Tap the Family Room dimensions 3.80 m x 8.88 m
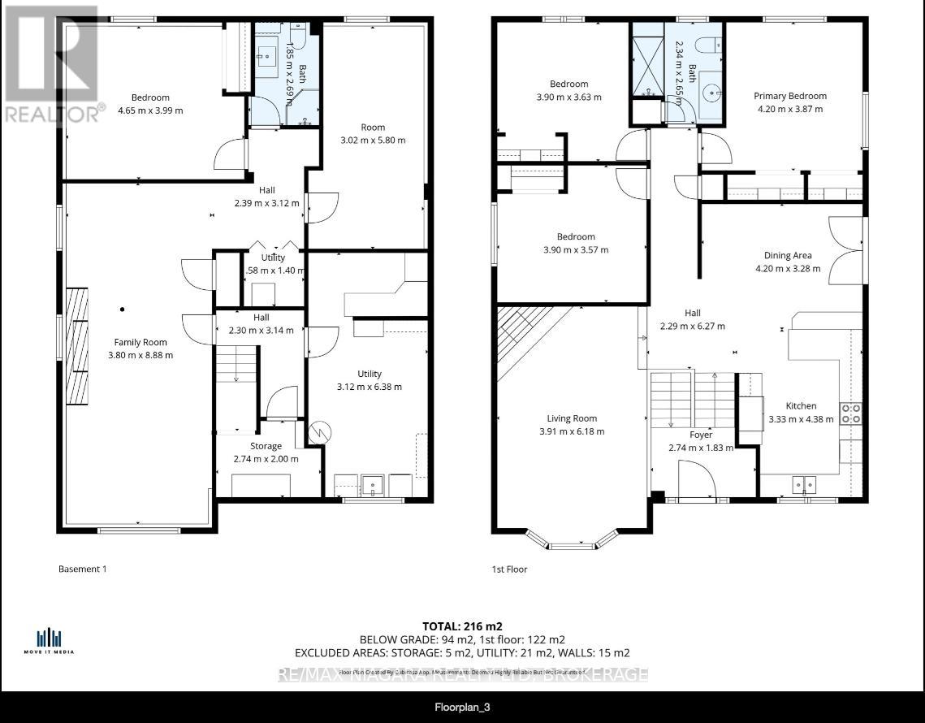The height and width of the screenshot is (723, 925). pyautogui.click(x=143, y=355)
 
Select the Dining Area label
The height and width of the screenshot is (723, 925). pyautogui.click(x=787, y=255)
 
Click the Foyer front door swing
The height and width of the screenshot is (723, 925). pyautogui.click(x=696, y=479)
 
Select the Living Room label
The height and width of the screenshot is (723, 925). pyautogui.click(x=572, y=419)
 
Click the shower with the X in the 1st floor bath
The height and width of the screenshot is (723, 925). pyautogui.click(x=647, y=58)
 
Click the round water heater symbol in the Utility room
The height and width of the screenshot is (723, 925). pyautogui.click(x=318, y=432)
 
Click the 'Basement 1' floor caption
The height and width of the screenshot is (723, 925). pyautogui.click(x=83, y=569)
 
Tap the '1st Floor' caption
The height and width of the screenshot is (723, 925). pyautogui.click(x=509, y=569)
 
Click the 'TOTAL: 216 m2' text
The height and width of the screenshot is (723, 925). pyautogui.click(x=462, y=626)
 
